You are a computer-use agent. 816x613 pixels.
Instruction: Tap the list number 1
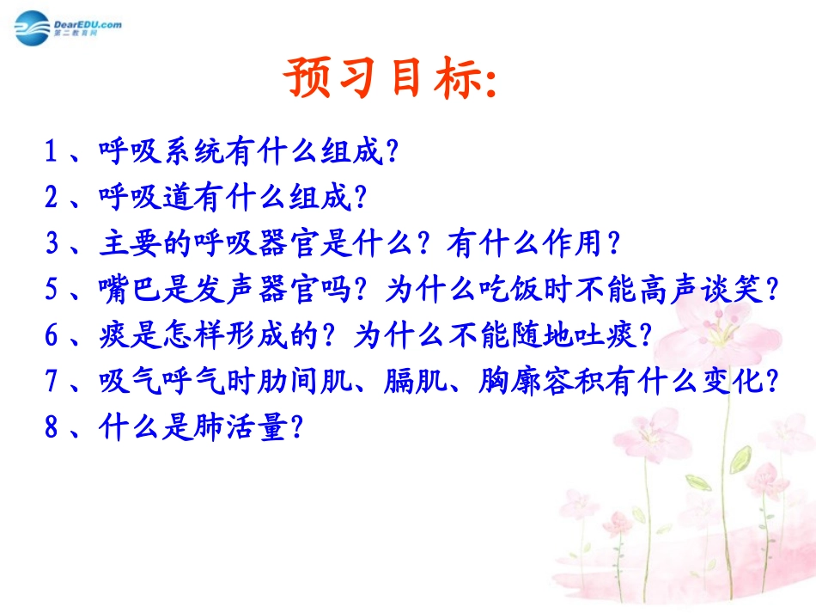[51, 153]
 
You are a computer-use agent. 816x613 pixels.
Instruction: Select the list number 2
[51, 199]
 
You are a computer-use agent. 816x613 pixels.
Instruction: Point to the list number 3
[51, 244]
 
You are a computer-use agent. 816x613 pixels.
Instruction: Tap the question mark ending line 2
[360, 199]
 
